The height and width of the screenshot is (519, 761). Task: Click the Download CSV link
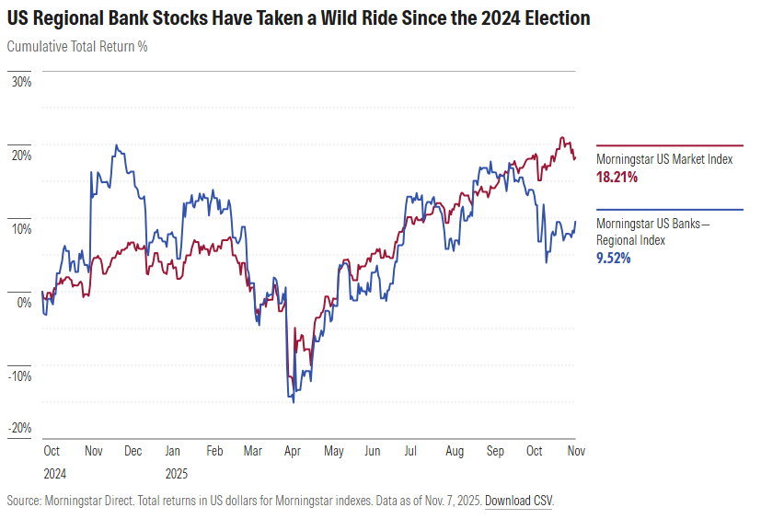(x=519, y=502)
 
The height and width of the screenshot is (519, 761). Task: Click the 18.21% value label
(x=617, y=177)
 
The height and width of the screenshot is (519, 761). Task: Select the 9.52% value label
(x=614, y=259)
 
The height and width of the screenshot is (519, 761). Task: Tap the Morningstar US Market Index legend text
(x=664, y=159)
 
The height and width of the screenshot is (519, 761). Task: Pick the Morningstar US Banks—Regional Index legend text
(x=653, y=232)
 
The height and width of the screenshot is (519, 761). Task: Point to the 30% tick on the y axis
(x=21, y=82)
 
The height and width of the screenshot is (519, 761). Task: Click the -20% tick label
(x=20, y=428)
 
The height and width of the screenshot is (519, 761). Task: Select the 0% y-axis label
(x=24, y=302)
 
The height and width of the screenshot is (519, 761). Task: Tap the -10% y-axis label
(x=20, y=375)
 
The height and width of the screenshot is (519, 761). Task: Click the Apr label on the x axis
(x=294, y=452)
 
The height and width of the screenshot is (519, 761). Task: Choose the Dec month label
(x=133, y=452)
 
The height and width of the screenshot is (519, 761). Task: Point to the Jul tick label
(x=410, y=452)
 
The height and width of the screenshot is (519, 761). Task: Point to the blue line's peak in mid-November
(x=116, y=145)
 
